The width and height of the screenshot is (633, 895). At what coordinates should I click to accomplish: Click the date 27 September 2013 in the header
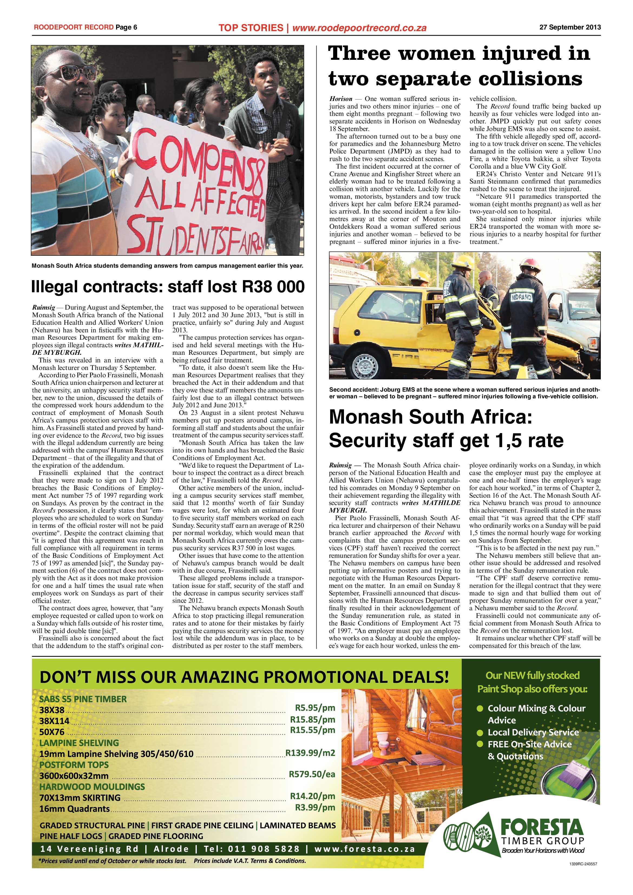570,27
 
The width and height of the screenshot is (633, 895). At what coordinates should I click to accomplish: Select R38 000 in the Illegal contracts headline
273,287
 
